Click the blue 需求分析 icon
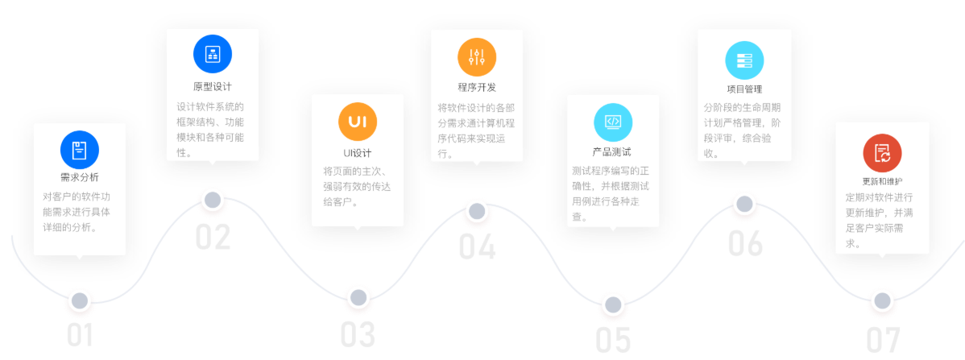[79, 149]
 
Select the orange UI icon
[358, 122]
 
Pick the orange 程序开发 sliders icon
[477, 56]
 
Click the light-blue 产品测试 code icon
[613, 122]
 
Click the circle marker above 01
[79, 301]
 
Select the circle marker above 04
[477, 212]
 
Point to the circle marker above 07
[882, 301]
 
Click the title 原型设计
[213, 86]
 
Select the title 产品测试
[612, 151]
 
